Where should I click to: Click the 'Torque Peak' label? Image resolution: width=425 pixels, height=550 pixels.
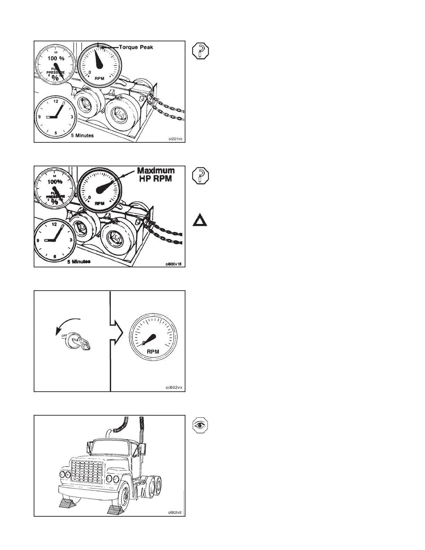pos(136,47)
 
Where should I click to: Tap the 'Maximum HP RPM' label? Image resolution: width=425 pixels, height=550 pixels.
pos(156,175)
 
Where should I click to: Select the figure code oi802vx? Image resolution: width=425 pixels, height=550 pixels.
pos(174,387)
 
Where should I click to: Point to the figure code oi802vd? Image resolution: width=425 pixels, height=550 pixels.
pos(175,512)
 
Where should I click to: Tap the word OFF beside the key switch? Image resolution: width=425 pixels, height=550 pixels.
pos(64,336)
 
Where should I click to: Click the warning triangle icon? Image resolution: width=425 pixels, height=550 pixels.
pos(200,221)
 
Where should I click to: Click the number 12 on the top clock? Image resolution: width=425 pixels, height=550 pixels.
pos(56,102)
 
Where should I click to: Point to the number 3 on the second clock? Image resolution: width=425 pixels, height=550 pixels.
pos(71,240)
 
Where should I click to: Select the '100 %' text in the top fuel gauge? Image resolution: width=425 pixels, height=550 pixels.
pos(56,58)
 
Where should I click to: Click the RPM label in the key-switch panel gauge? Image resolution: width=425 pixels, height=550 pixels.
pos(153,351)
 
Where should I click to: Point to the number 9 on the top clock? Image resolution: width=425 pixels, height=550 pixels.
pos(40,117)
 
